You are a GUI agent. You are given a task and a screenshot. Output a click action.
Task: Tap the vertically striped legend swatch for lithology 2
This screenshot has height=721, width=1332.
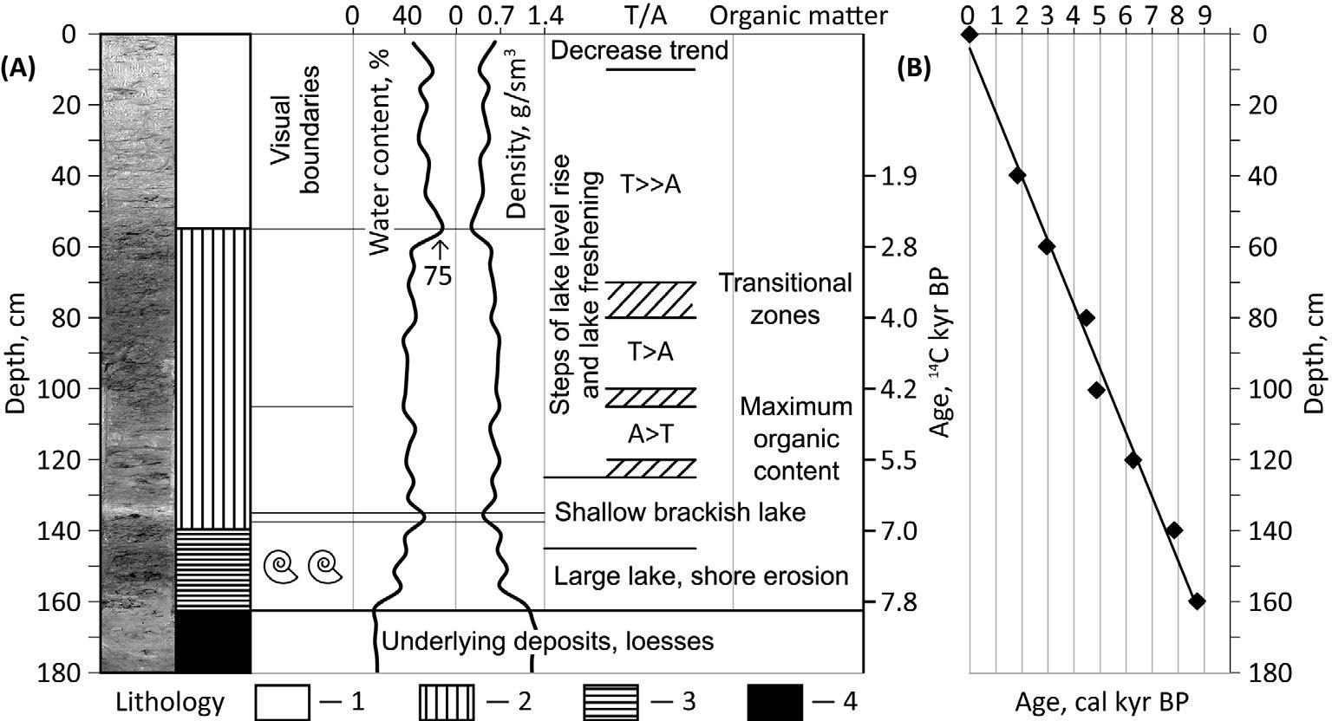click(x=447, y=699)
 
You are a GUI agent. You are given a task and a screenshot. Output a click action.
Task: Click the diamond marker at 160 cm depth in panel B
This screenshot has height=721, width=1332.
click(x=1197, y=601)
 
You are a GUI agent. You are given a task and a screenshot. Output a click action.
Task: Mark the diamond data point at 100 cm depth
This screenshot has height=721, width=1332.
click(x=1096, y=389)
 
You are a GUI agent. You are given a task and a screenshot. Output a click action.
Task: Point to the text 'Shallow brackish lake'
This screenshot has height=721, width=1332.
click(x=680, y=512)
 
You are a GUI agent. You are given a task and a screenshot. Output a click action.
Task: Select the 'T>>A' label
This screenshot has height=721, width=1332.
click(x=650, y=183)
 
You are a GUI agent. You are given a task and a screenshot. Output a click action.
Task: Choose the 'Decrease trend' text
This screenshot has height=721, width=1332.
click(x=639, y=50)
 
